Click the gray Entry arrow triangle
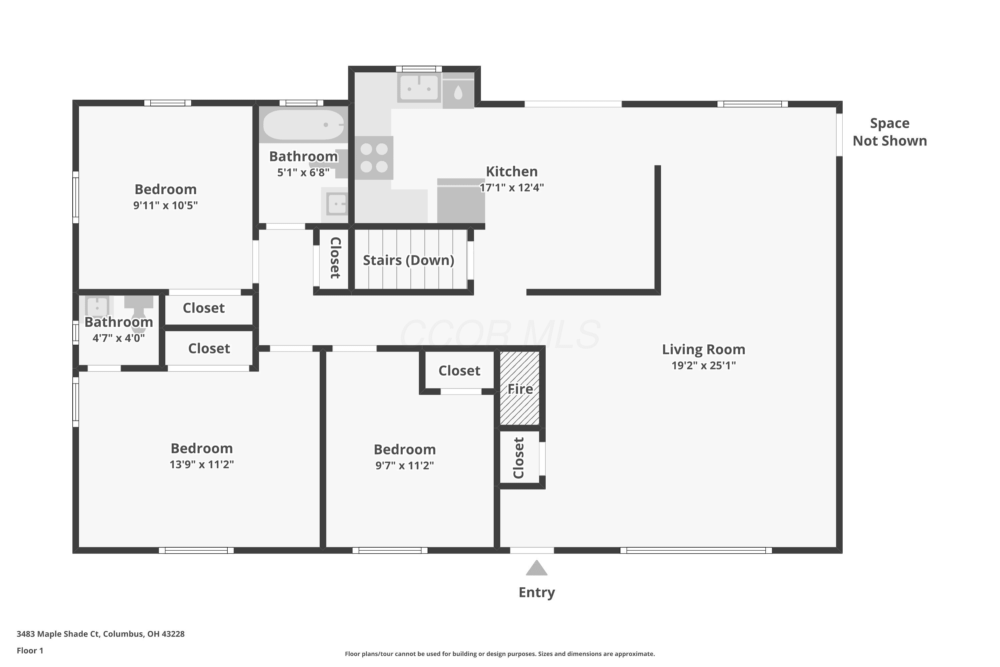click(x=537, y=568)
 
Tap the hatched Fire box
click(x=520, y=388)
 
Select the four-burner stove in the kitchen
click(x=374, y=158)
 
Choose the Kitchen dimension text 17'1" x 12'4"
click(x=512, y=187)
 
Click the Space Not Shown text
click(x=890, y=132)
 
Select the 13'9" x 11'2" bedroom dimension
click(x=202, y=465)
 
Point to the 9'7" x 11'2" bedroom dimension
click(x=404, y=465)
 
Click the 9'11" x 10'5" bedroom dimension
click(x=165, y=205)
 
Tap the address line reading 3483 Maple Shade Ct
click(x=100, y=634)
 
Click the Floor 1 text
click(x=30, y=650)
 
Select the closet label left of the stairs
click(x=335, y=258)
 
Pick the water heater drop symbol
click(x=458, y=93)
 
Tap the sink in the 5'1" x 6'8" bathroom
click(x=336, y=204)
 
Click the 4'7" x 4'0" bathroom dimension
click(x=119, y=338)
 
